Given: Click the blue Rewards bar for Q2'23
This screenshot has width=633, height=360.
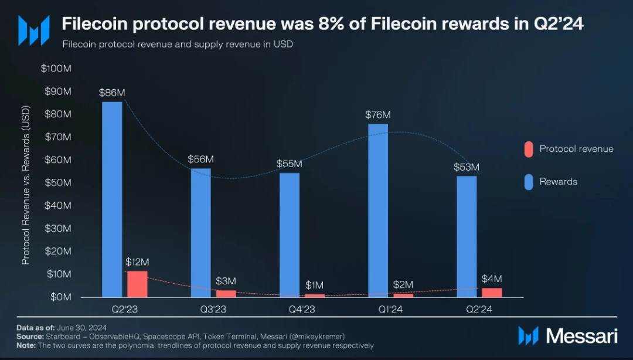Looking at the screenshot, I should pos(112,199).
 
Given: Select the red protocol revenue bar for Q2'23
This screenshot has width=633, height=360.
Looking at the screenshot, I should pos(137,284).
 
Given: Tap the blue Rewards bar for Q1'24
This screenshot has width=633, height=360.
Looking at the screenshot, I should pos(378,210).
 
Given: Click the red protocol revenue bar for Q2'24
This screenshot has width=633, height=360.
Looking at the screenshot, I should pos(492,293).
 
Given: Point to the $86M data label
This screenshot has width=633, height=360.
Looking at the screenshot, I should pos(112,93).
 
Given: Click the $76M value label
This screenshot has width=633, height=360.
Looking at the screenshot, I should pos(377,115).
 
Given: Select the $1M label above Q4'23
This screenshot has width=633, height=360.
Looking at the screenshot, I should pos(314,285).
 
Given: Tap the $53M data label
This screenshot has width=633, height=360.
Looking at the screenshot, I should pos(467,167).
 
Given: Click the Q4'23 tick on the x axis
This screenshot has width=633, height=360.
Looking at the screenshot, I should pos(302,308).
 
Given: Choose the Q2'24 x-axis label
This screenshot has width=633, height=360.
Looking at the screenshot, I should pos(479,308).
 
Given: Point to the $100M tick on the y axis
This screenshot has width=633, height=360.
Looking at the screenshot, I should pos(56,69).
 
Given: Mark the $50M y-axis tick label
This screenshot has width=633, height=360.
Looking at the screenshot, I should pos(58,183).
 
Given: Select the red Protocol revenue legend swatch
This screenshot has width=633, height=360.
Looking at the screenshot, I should pos(528,149).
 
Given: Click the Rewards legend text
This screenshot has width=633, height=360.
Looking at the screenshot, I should pos(558,182).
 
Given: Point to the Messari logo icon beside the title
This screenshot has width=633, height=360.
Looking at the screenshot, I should pos(34,30).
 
